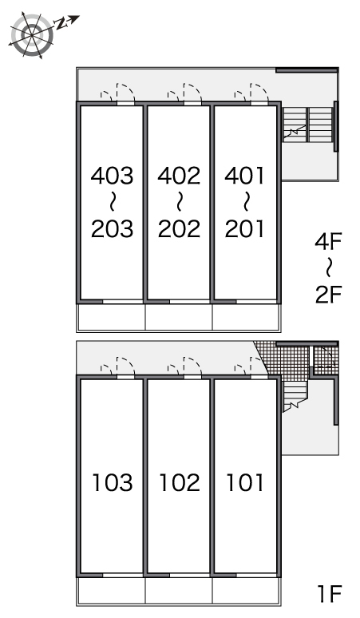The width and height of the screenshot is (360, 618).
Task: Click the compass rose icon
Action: pos(31,35)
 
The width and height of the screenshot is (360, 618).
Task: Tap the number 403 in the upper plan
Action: pos(113,176)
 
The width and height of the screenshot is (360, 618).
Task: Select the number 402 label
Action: pos(180,176)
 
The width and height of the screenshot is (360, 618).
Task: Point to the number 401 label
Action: pos(244,176)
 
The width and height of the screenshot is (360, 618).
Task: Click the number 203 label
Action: pos(113,228)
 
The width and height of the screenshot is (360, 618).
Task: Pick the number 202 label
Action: pos(180,228)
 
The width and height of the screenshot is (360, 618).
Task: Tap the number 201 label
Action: pos(244,228)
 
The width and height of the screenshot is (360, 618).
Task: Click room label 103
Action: pos(113,482)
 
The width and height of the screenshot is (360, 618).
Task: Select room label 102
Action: pos(180,482)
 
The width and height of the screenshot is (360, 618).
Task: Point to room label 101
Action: pos(244,482)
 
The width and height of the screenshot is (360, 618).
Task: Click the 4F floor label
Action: pos(328,241)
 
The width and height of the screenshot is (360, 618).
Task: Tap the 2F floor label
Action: pos(329,294)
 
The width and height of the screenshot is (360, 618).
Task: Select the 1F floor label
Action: pos(330,594)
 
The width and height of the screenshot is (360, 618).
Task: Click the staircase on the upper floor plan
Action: pos(307,124)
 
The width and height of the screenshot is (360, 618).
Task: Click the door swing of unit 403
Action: pos(125,92)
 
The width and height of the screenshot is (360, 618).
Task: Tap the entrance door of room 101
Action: pos(259,366)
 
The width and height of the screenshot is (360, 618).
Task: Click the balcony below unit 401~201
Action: pos(247,316)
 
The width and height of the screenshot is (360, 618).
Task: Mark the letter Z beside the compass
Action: pos(60,24)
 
